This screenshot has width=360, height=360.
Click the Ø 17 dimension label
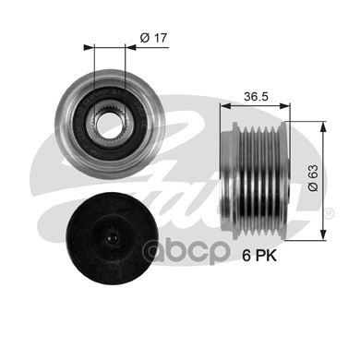[153, 38]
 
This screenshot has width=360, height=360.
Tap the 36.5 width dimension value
[256, 96]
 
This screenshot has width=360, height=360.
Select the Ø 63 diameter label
[313, 178]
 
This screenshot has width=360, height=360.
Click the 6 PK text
[259, 256]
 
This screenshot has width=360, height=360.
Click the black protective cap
[113, 235]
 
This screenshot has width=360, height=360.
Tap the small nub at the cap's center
[112, 237]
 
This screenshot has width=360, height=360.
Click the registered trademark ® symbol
[329, 213]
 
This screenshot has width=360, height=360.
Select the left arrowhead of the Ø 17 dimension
[89, 47]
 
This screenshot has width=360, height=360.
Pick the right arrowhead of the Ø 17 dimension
[130, 47]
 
